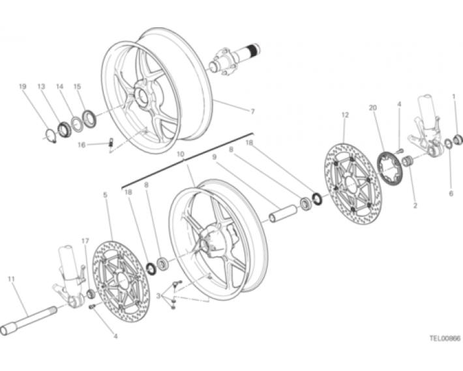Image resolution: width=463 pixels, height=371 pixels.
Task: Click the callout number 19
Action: click(23, 87)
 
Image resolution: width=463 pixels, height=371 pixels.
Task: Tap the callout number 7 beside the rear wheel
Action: click(252, 112)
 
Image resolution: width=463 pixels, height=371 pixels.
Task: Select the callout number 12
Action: click(345, 115)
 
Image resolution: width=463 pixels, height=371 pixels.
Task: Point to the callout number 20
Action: click(373, 108)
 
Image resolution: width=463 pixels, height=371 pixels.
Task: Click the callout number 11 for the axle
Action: click(11, 279)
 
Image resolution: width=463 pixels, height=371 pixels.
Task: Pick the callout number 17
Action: click(85, 241)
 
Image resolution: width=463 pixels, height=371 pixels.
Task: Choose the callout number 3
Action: click(158, 295)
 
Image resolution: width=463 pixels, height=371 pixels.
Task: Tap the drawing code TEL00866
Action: click(445, 338)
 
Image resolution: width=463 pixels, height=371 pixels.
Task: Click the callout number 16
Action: click(82, 144)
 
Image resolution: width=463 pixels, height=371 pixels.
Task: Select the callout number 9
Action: click(215, 157)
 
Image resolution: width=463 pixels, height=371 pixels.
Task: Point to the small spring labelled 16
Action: click(112, 142)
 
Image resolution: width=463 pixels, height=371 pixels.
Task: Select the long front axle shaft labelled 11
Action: click(29, 321)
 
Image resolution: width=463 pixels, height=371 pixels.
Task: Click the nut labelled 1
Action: click(457, 139)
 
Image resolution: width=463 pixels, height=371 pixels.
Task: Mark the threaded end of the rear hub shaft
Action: click(254, 49)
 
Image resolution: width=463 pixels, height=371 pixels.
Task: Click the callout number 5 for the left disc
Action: click(106, 195)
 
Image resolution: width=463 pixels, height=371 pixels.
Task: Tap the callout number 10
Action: click(181, 154)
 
